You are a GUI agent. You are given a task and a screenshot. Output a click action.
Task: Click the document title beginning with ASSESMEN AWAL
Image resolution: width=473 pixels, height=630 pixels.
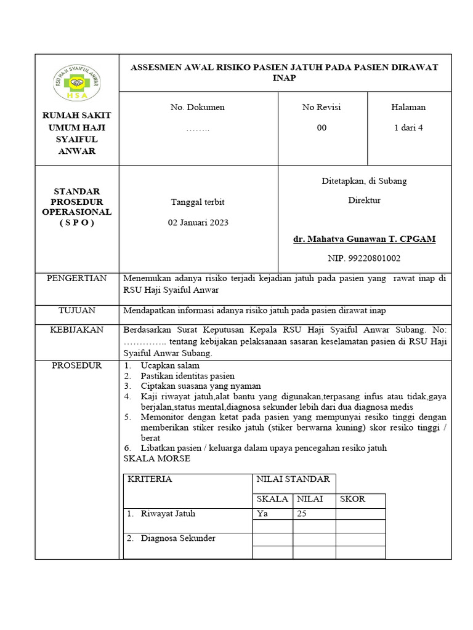click(284, 73)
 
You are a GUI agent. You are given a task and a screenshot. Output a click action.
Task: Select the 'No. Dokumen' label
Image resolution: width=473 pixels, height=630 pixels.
click(198, 107)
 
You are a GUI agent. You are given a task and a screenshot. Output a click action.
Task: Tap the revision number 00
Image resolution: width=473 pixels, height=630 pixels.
click(322, 128)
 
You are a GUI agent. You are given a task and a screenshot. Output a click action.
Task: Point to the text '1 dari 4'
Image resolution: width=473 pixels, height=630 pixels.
click(408, 128)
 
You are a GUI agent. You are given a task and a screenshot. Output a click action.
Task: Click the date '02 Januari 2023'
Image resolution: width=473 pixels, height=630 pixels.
click(198, 222)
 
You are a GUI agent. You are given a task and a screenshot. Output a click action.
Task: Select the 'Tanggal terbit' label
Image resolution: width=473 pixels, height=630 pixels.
click(198, 202)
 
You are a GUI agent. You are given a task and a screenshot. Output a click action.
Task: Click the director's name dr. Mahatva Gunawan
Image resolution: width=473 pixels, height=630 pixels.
click(364, 239)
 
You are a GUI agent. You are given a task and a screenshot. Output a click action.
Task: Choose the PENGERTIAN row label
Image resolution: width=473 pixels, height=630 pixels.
click(77, 279)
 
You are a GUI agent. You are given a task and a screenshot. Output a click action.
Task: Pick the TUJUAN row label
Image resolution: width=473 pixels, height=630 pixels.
click(77, 310)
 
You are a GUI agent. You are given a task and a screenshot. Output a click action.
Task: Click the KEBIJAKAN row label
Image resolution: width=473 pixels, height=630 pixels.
click(77, 330)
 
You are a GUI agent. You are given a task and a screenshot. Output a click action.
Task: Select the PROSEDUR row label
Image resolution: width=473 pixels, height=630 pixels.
click(77, 365)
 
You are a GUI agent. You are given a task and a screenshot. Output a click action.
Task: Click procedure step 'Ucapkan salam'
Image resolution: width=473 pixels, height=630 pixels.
click(166, 365)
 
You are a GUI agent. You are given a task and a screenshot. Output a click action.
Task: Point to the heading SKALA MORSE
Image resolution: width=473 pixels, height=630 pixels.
click(157, 459)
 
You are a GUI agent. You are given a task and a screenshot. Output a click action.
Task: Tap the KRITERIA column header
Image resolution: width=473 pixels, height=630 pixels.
click(150, 479)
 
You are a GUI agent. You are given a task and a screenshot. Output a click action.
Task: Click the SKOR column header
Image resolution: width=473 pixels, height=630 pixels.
click(352, 499)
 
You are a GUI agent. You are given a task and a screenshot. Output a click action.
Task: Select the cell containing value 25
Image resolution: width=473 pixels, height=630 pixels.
click(301, 513)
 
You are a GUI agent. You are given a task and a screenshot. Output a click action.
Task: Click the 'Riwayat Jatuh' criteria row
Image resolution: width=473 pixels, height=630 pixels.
click(168, 513)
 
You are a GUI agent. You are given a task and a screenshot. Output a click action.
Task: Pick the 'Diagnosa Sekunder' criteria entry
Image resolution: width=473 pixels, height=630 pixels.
click(177, 538)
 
